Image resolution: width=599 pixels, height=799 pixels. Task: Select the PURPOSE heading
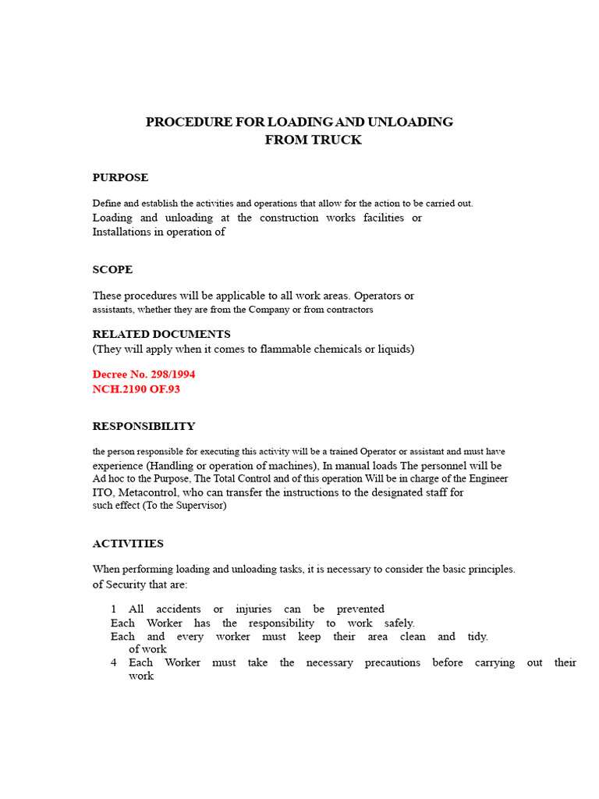pyautogui.click(x=120, y=178)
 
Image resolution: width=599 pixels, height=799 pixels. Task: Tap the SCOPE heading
pyautogui.click(x=112, y=270)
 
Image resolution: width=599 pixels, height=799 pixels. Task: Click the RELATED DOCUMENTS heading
pyautogui.click(x=161, y=334)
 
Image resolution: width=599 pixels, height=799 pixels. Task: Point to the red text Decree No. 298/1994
pyautogui.click(x=144, y=375)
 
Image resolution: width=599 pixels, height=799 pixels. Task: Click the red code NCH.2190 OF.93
pyautogui.click(x=136, y=389)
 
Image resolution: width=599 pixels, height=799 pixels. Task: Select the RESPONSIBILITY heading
pyautogui.click(x=144, y=427)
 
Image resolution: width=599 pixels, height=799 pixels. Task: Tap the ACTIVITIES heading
pyautogui.click(x=128, y=544)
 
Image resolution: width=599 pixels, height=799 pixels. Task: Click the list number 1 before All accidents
pyautogui.click(x=114, y=609)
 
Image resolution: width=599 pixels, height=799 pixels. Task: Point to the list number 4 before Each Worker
pyautogui.click(x=114, y=662)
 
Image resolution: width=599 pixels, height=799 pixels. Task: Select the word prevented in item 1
pyautogui.click(x=360, y=609)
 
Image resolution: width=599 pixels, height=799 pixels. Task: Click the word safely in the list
pyautogui.click(x=399, y=623)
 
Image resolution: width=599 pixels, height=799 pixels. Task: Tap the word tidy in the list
pyautogui.click(x=477, y=637)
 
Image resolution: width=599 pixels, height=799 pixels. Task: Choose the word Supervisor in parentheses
pyautogui.click(x=200, y=506)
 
